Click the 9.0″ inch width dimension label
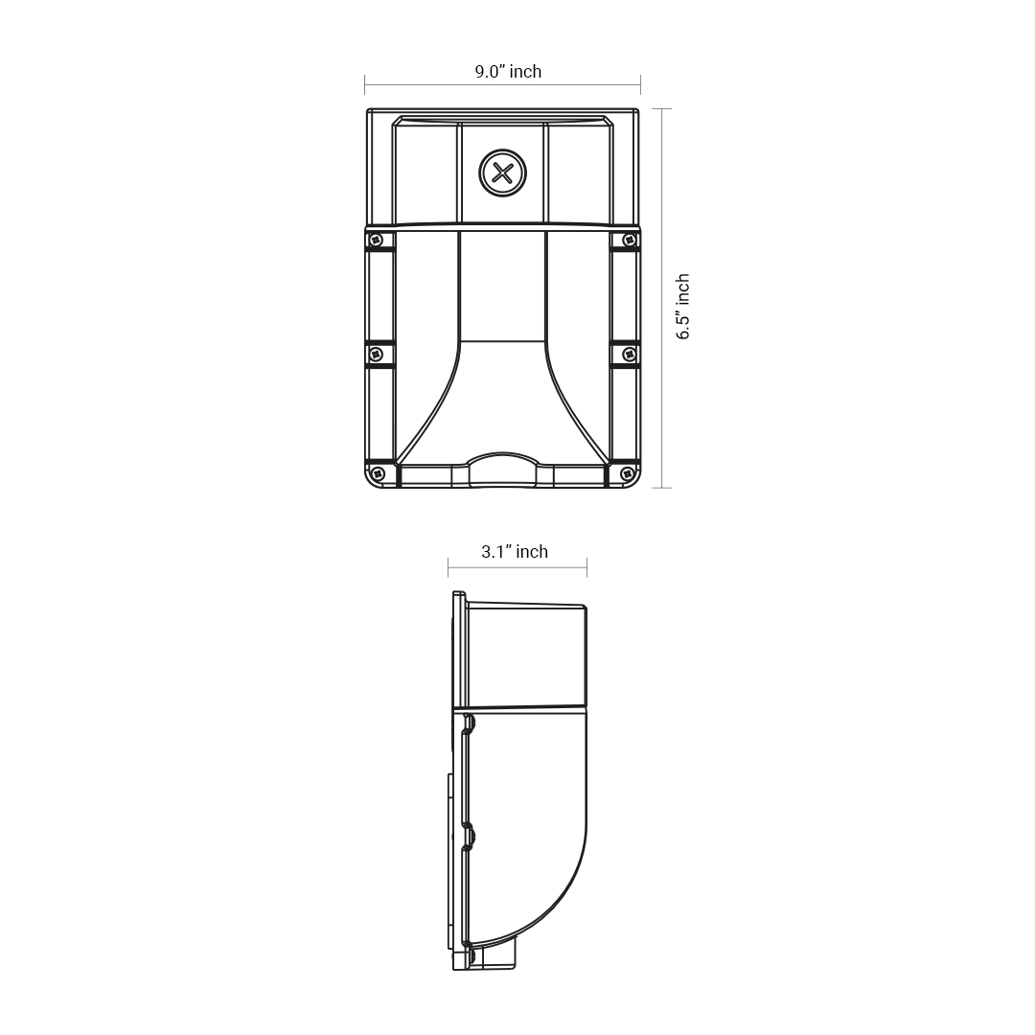coord(508,72)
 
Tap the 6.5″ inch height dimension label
coord(682,307)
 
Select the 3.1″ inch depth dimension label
coord(515,552)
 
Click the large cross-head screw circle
coord(502,173)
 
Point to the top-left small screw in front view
coord(377,240)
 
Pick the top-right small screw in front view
coord(629,240)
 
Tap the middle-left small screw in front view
coord(376,355)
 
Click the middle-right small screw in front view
coord(629,355)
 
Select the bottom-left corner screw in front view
coord(378,473)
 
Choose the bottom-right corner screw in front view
coord(627,473)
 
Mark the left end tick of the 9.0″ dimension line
coord(365,85)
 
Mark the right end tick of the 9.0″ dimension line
coord(640,85)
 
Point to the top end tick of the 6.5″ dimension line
coord(661,109)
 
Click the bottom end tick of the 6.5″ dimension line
coord(661,488)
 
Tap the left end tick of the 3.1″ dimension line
coord(448,567)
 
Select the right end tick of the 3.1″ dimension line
coord(586,567)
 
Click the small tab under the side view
coord(498,954)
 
